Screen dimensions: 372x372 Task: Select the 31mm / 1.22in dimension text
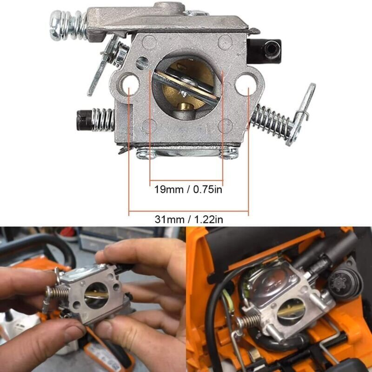tap(188, 219)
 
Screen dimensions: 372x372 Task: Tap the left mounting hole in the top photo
tap(131, 84)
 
